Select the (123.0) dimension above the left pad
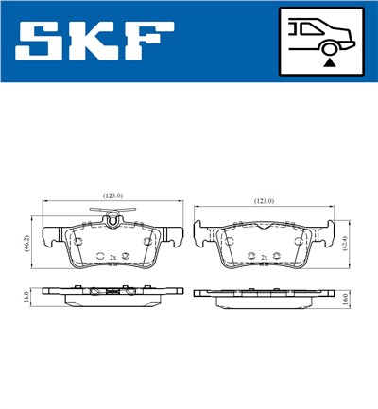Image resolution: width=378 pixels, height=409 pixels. pyautogui.click(x=112, y=196)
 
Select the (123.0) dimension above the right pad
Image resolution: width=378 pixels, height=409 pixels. pyautogui.click(x=264, y=201)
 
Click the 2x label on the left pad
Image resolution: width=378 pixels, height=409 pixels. pyautogui.click(x=112, y=257)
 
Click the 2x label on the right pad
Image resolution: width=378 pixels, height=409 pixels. pyautogui.click(x=264, y=257)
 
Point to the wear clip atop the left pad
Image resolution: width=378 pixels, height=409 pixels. pyautogui.click(x=112, y=222)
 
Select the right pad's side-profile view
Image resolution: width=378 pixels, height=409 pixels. pyautogui.click(x=264, y=296)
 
